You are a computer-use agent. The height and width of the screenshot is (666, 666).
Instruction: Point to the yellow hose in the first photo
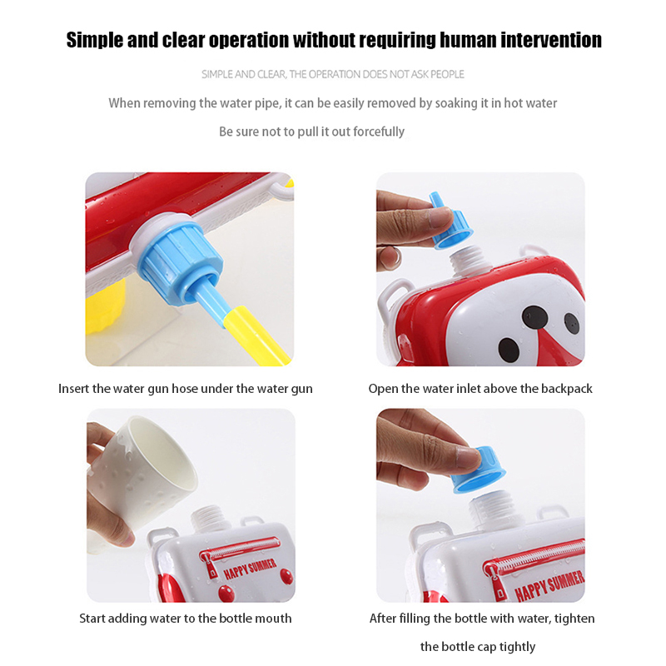click(257, 336)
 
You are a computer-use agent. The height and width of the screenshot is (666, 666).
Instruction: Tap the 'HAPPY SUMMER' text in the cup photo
click(250, 569)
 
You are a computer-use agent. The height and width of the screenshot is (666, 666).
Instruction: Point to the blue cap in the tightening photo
click(479, 470)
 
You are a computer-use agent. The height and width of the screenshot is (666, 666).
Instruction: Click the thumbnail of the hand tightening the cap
click(480, 505)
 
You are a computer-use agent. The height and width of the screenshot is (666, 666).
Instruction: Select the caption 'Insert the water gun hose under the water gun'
click(185, 389)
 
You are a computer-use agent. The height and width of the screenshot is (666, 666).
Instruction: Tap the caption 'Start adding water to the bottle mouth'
click(185, 618)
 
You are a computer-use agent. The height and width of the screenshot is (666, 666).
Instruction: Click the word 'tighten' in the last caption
click(574, 618)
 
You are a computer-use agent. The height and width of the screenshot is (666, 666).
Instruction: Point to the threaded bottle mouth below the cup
click(209, 519)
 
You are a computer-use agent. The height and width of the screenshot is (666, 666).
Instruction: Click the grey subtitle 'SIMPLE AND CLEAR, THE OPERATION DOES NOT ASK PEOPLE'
click(333, 74)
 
